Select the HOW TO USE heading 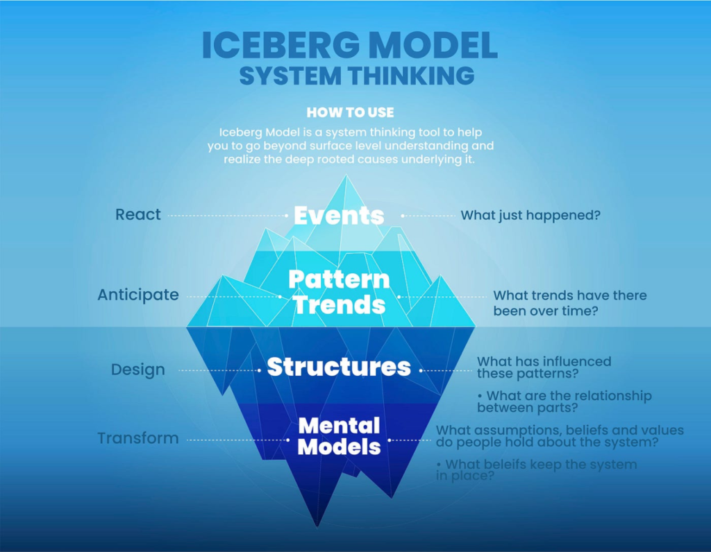click(350, 112)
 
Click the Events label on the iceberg click(339, 216)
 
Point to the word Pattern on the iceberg click(339, 279)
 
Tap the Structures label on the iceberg click(339, 367)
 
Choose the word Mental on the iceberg click(339, 424)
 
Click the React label click(138, 215)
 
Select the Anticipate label click(138, 295)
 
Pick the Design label click(138, 370)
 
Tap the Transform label click(138, 438)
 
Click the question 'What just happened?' click(530, 216)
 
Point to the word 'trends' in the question click(548, 295)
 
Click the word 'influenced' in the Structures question click(576, 361)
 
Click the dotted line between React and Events click(229, 216)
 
